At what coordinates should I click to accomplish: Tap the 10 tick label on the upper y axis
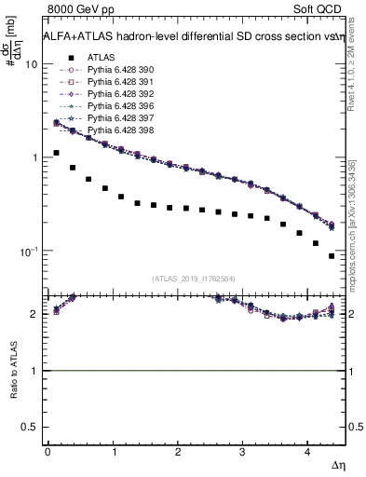tap(31, 64)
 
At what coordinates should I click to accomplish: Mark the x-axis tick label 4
tap(307, 451)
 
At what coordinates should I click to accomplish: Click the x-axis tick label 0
tap(47, 451)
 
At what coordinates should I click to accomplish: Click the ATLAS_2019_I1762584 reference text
tap(194, 278)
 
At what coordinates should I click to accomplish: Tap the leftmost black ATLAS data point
tap(57, 153)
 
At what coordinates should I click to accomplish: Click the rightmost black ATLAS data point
tap(332, 255)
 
